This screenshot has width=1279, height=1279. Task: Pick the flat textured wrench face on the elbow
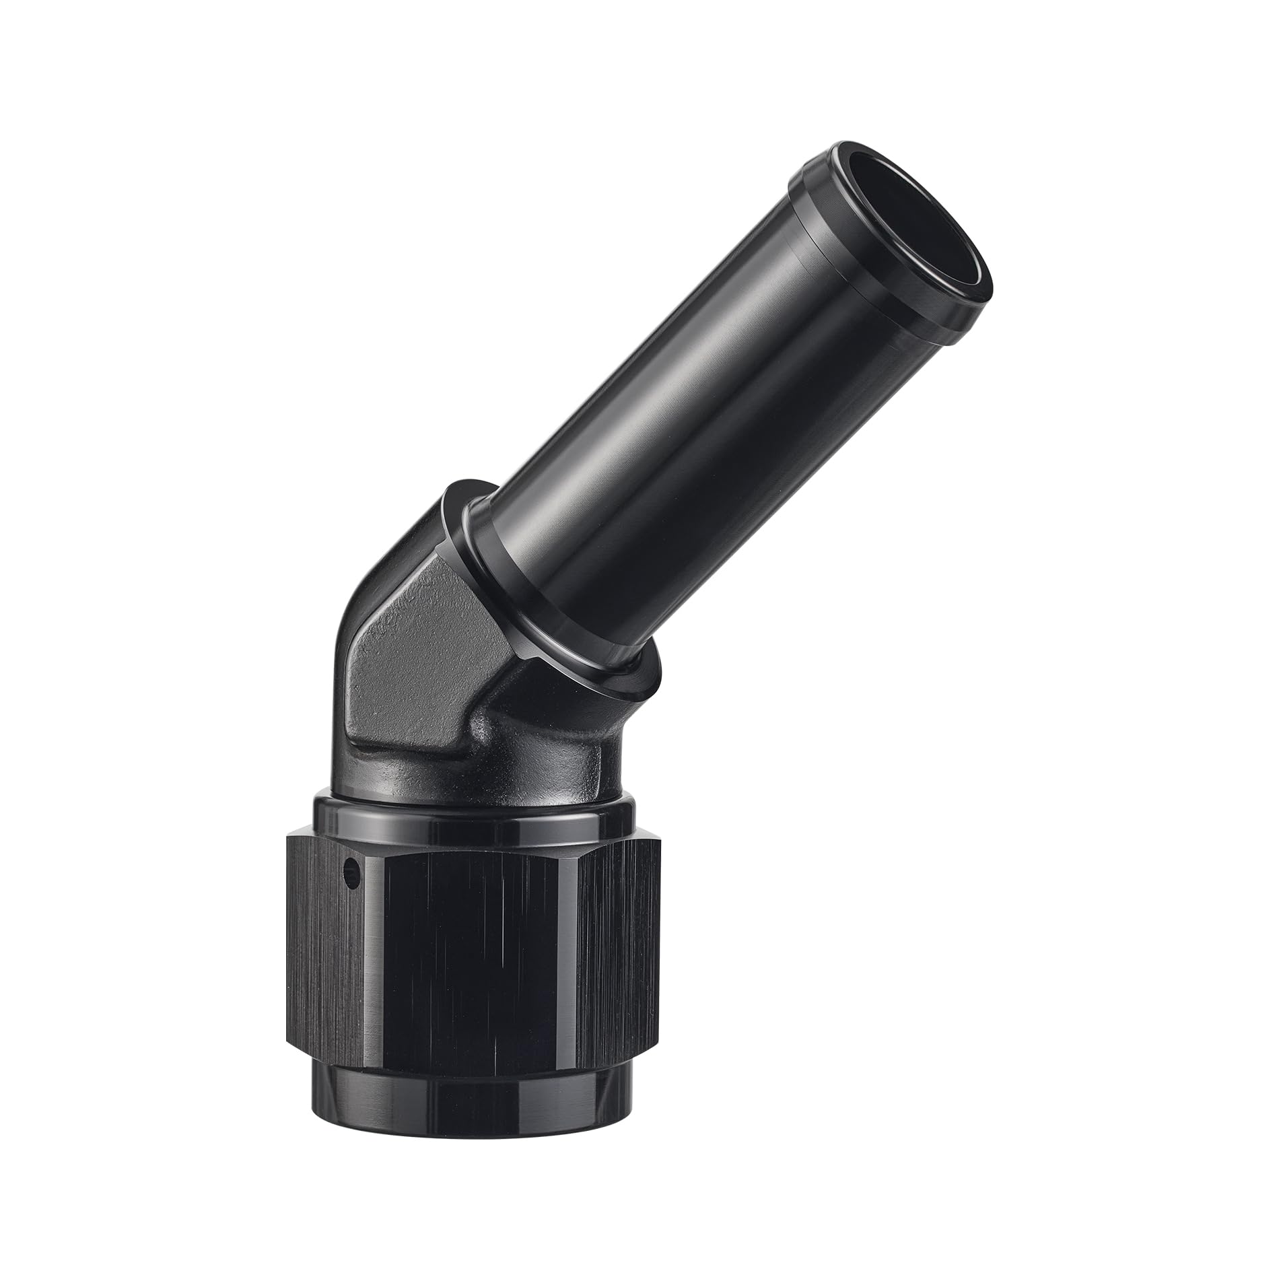coord(404,646)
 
